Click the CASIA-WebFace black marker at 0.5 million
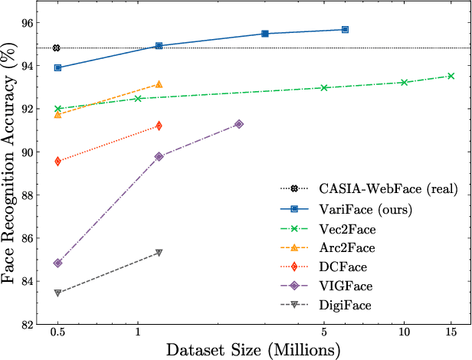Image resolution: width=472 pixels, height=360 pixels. (x=57, y=48)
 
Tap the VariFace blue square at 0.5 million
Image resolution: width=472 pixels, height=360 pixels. (x=57, y=67)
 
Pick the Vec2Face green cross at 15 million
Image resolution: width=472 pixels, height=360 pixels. (x=451, y=76)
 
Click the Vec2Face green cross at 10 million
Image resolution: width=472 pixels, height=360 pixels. (x=404, y=82)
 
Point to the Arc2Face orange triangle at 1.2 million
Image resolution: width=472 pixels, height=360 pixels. (x=159, y=84)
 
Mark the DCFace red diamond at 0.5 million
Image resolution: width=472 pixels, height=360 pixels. (x=57, y=161)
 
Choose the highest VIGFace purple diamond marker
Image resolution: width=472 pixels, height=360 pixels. (x=239, y=123)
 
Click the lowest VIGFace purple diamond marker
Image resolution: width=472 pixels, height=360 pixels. (x=57, y=263)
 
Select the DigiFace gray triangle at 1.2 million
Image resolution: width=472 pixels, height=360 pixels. (x=159, y=252)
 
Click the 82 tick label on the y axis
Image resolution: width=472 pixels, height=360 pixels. (x=27, y=324)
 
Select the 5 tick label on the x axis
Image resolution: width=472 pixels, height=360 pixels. (x=324, y=334)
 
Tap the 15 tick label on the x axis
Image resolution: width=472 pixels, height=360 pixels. (x=451, y=334)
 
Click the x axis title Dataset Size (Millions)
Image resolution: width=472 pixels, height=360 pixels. (x=253, y=350)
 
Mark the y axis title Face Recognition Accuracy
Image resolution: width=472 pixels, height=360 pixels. (x=11, y=169)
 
